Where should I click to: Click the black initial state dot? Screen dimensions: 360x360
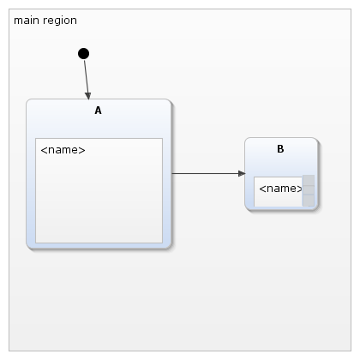coord(83,54)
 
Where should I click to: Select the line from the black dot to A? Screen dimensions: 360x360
coord(87,80)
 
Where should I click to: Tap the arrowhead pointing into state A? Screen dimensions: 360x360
coord(88,96)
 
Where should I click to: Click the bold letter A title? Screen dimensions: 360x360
coord(98,111)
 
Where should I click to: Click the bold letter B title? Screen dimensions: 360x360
coord(280,149)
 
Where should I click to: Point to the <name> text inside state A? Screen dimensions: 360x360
coord(63,150)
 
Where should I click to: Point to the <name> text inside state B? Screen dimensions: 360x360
coord(280,189)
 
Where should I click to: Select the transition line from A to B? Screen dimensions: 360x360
coord(208,173)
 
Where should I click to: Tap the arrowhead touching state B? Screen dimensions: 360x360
coord(242,173)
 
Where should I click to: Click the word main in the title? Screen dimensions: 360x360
coord(27,21)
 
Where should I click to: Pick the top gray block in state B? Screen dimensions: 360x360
coord(309,180)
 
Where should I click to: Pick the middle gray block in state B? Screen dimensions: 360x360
coord(309,189)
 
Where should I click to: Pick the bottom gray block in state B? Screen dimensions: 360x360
coord(309,200)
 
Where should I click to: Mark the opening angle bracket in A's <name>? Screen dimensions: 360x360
coord(44,150)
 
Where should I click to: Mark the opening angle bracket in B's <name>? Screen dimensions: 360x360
coord(262,189)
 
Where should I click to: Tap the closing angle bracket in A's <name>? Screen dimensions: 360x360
coord(82,150)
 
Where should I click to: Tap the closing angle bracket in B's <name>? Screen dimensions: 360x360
coord(300,189)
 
